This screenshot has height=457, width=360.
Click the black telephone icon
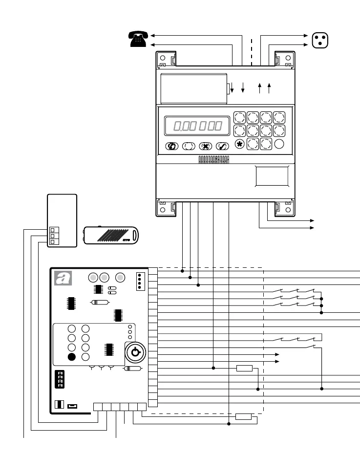point(138,39)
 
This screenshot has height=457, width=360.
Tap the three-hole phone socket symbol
point(319,39)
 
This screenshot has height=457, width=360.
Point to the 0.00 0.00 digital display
point(197,126)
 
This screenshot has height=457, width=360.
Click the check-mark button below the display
point(223,146)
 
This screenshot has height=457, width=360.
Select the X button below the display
point(206,146)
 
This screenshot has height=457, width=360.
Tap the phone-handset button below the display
point(171,146)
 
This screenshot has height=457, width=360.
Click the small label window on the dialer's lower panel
point(272,175)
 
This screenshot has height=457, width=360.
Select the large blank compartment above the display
point(194,88)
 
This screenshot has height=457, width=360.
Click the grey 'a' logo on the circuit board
point(62,278)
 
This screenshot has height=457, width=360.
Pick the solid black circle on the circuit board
point(72,356)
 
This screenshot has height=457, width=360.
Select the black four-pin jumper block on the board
point(60,379)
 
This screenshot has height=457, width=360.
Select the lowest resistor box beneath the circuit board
point(243,416)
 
